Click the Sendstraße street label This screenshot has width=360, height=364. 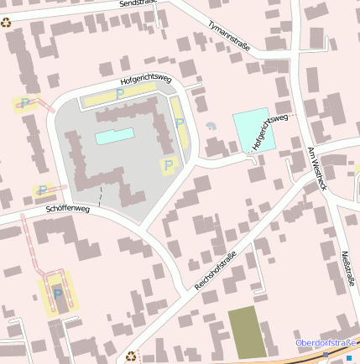pos(139,4)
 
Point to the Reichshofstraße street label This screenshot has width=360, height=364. pos(216,270)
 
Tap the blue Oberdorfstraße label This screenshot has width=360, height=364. pos(327,342)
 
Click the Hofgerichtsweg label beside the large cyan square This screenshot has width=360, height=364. pos(269,132)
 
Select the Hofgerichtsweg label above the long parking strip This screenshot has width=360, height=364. pos(146,81)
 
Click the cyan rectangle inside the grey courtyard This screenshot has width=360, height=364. pos(115,136)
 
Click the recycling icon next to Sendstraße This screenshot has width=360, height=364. pos(7,23)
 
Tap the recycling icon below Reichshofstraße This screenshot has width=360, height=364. pos(130,356)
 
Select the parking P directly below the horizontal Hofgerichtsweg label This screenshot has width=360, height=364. pos(119,94)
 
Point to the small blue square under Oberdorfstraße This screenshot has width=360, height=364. pos(349,358)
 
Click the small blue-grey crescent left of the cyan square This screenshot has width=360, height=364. pos(211,126)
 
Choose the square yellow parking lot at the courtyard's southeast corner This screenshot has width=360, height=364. pos(169,165)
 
